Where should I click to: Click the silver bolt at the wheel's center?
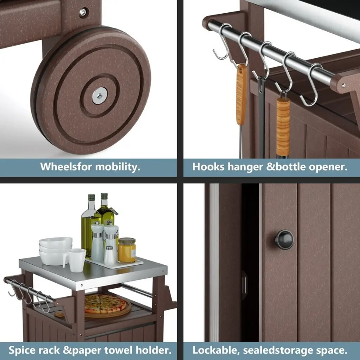pyautogui.click(x=99, y=95)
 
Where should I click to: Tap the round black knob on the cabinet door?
pyautogui.click(x=284, y=240)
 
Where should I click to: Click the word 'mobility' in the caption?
pyautogui.click(x=117, y=167)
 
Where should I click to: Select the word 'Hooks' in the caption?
pyautogui.click(x=208, y=167)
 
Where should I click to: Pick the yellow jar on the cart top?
pyautogui.click(x=127, y=250)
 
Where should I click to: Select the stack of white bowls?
pyautogui.click(x=56, y=251)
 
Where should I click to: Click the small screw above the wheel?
pyautogui.click(x=83, y=12)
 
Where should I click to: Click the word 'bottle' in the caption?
pyautogui.click(x=290, y=167)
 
